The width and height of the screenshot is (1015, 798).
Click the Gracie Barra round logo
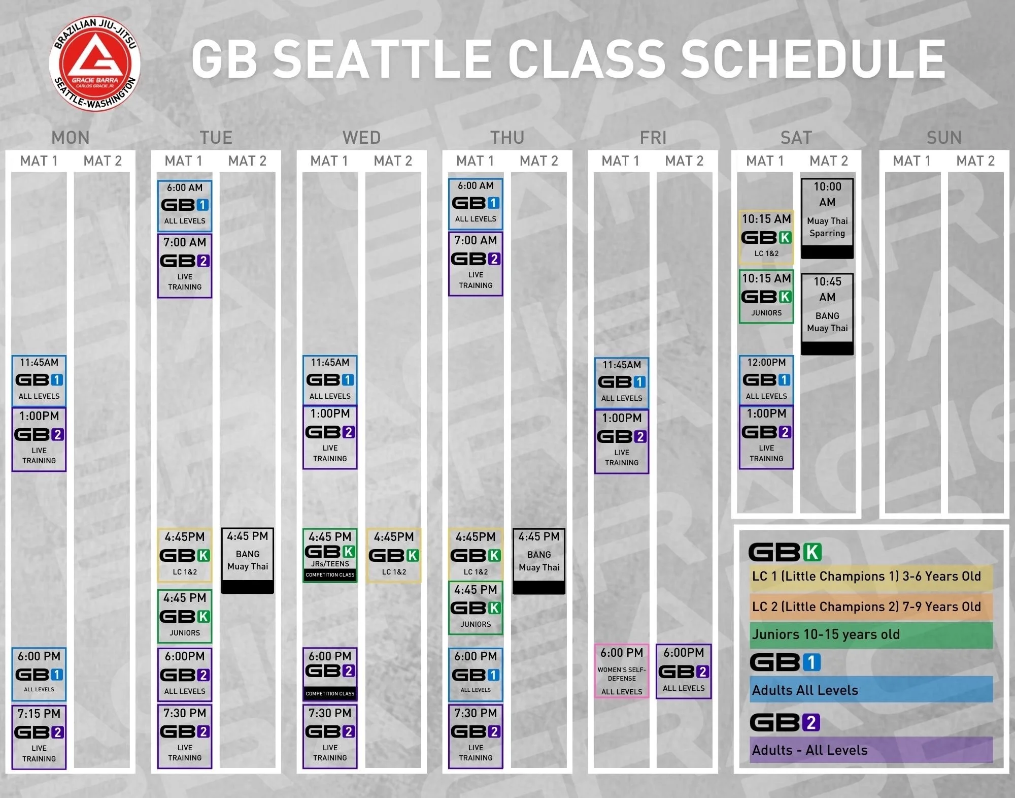[x=95, y=65]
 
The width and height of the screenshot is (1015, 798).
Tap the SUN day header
[x=943, y=138]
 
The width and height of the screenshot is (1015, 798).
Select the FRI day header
[x=653, y=138]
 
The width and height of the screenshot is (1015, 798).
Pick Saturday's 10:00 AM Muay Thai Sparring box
[x=827, y=218]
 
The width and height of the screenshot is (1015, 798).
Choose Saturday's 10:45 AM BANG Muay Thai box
[x=827, y=313]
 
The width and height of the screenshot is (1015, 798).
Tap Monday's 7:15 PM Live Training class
[x=39, y=737]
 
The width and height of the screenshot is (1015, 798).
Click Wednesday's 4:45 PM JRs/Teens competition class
[x=330, y=555]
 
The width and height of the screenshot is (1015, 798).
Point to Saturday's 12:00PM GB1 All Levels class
[x=766, y=379]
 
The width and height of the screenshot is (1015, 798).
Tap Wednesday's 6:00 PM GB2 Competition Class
[x=330, y=674]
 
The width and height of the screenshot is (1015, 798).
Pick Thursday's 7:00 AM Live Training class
[x=476, y=264]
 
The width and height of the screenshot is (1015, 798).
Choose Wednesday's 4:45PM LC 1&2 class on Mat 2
[x=394, y=555]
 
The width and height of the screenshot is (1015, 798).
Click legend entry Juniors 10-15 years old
[x=871, y=635]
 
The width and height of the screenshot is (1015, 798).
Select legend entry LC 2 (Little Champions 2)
[x=871, y=607]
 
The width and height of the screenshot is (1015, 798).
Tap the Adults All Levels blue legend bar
[x=871, y=690]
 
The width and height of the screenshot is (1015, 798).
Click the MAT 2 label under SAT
[x=829, y=161]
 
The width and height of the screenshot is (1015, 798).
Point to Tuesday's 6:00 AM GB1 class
[x=185, y=206]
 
